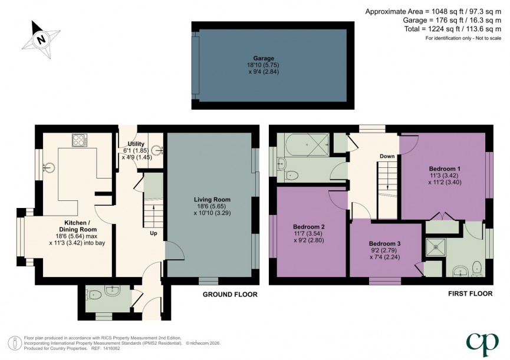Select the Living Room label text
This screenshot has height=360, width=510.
tap(212, 199)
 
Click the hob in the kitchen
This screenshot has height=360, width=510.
tap(80, 140)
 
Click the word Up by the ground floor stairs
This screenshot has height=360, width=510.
tap(153, 233)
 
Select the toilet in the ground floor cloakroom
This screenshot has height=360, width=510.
tap(110, 289)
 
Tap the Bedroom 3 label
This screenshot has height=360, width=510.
tap(384, 243)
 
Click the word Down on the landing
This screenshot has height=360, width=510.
tap(387, 156)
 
